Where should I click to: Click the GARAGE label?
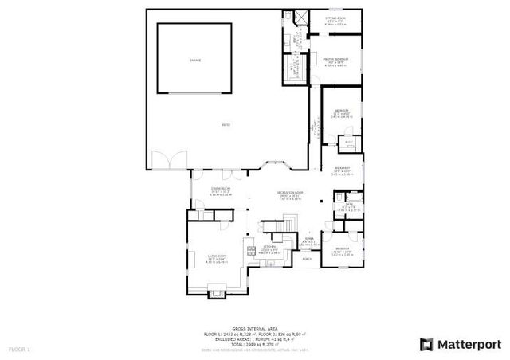(195, 61)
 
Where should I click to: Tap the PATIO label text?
(227, 125)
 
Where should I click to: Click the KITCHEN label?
(269, 246)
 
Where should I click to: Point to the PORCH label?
(308, 259)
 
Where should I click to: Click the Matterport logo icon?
(426, 344)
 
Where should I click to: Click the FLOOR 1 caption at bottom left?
(19, 349)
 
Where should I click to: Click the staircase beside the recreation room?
(277, 230)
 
